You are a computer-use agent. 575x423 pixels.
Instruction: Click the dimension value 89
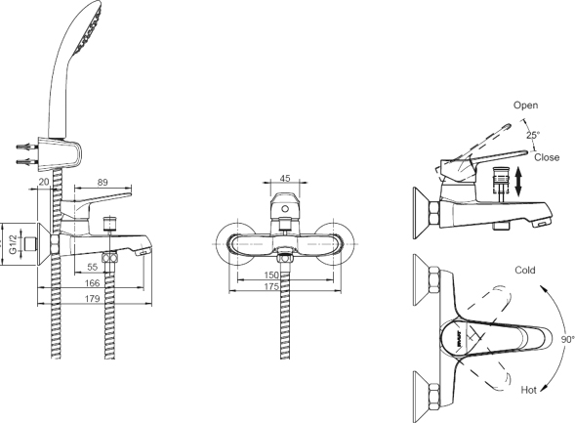coord(103,182)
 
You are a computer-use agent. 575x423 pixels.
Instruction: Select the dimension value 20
coord(44,182)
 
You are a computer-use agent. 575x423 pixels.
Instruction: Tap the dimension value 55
coord(93,267)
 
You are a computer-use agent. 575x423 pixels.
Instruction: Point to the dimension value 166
coord(92,283)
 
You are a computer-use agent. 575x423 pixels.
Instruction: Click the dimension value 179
coord(92,299)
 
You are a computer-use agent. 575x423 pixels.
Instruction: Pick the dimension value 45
coord(285,179)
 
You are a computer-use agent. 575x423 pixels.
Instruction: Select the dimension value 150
coord(271,275)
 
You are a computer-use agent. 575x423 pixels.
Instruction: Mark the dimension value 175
coord(271,286)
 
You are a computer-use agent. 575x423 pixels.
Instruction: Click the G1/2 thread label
coord(13,244)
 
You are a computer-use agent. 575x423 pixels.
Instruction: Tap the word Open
coord(525,106)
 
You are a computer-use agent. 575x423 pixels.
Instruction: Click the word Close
coord(547,157)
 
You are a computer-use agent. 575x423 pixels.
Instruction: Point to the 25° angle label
coord(533,135)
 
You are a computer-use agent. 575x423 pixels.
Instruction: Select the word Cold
coord(525,271)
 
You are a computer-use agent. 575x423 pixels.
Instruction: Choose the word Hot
coord(529,390)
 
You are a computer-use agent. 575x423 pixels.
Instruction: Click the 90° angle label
coord(567,340)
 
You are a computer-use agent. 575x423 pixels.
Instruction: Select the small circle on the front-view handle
coord(285,209)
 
